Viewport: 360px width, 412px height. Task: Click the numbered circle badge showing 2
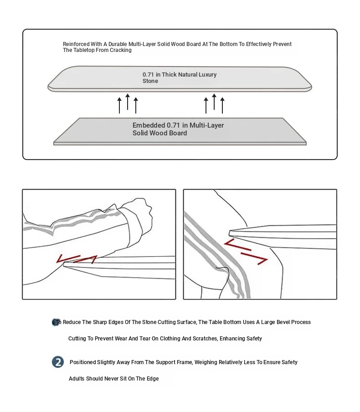58,362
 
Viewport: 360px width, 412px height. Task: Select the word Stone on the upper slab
150,81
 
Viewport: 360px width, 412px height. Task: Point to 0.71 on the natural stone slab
149,74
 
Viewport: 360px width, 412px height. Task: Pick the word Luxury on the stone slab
208,74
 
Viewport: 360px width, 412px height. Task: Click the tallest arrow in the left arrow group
128,102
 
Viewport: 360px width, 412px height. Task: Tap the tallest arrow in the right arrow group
214,102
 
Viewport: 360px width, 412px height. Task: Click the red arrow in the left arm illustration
77,259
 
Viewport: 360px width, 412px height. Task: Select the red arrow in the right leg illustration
246,251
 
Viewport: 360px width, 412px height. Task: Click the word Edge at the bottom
153,379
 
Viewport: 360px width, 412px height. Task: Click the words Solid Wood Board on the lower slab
159,133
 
